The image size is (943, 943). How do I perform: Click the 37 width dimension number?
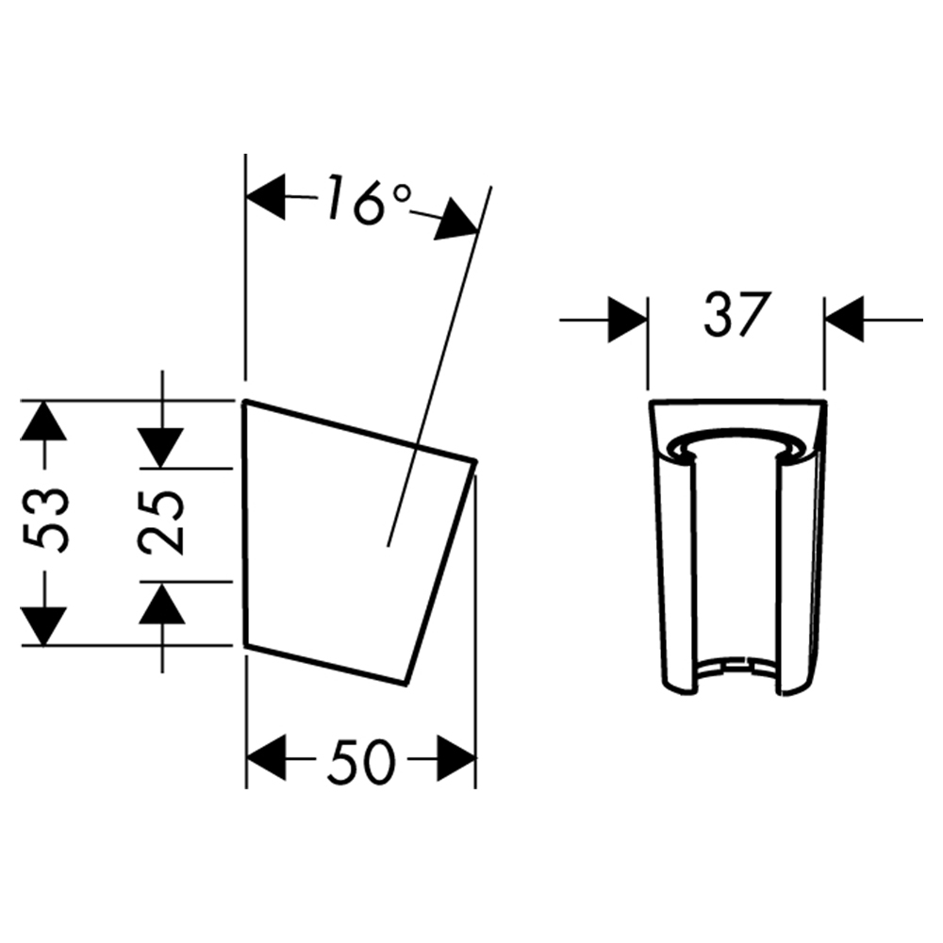click(x=736, y=314)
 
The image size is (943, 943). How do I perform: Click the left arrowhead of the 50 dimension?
click(x=265, y=759)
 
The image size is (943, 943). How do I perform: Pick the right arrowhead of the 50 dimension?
click(x=456, y=759)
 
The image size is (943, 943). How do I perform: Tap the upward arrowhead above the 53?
click(x=43, y=420)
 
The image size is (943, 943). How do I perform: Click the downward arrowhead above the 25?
click(x=161, y=447)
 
